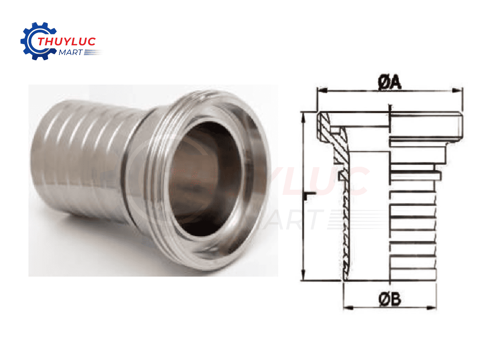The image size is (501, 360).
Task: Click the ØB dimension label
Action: [390, 299]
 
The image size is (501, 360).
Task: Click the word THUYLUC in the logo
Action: [66, 41]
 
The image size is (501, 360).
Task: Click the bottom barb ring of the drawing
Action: [413, 275]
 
